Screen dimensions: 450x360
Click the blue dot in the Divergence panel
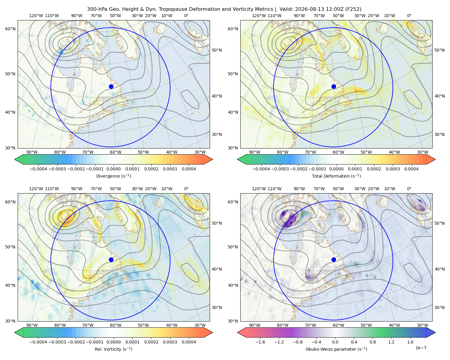pos(111,86)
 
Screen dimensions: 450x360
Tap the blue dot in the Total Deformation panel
pos(334,86)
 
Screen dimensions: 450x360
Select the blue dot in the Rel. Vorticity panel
pos(111,259)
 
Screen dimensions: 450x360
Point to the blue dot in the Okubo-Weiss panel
pos(334,259)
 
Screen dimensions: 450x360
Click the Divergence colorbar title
pos(113,176)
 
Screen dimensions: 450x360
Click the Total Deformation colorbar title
pos(336,176)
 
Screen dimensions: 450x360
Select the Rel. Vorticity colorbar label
pos(113,349)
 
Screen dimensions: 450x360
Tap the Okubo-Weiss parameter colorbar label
pos(336,349)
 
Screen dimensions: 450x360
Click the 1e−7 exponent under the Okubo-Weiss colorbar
pos(421,348)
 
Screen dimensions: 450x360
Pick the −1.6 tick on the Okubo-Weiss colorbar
pos(260,342)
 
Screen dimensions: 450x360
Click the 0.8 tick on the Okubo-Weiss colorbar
pos(373,342)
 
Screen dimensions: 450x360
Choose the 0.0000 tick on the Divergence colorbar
pos(113,169)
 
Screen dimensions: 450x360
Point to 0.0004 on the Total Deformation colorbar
pos(411,169)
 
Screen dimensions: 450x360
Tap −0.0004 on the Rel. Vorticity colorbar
pos(38,342)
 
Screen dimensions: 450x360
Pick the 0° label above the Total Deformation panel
pos(409,16)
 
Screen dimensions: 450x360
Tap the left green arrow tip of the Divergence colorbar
pos(15,159)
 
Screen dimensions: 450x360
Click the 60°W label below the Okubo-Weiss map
pos(338,325)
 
